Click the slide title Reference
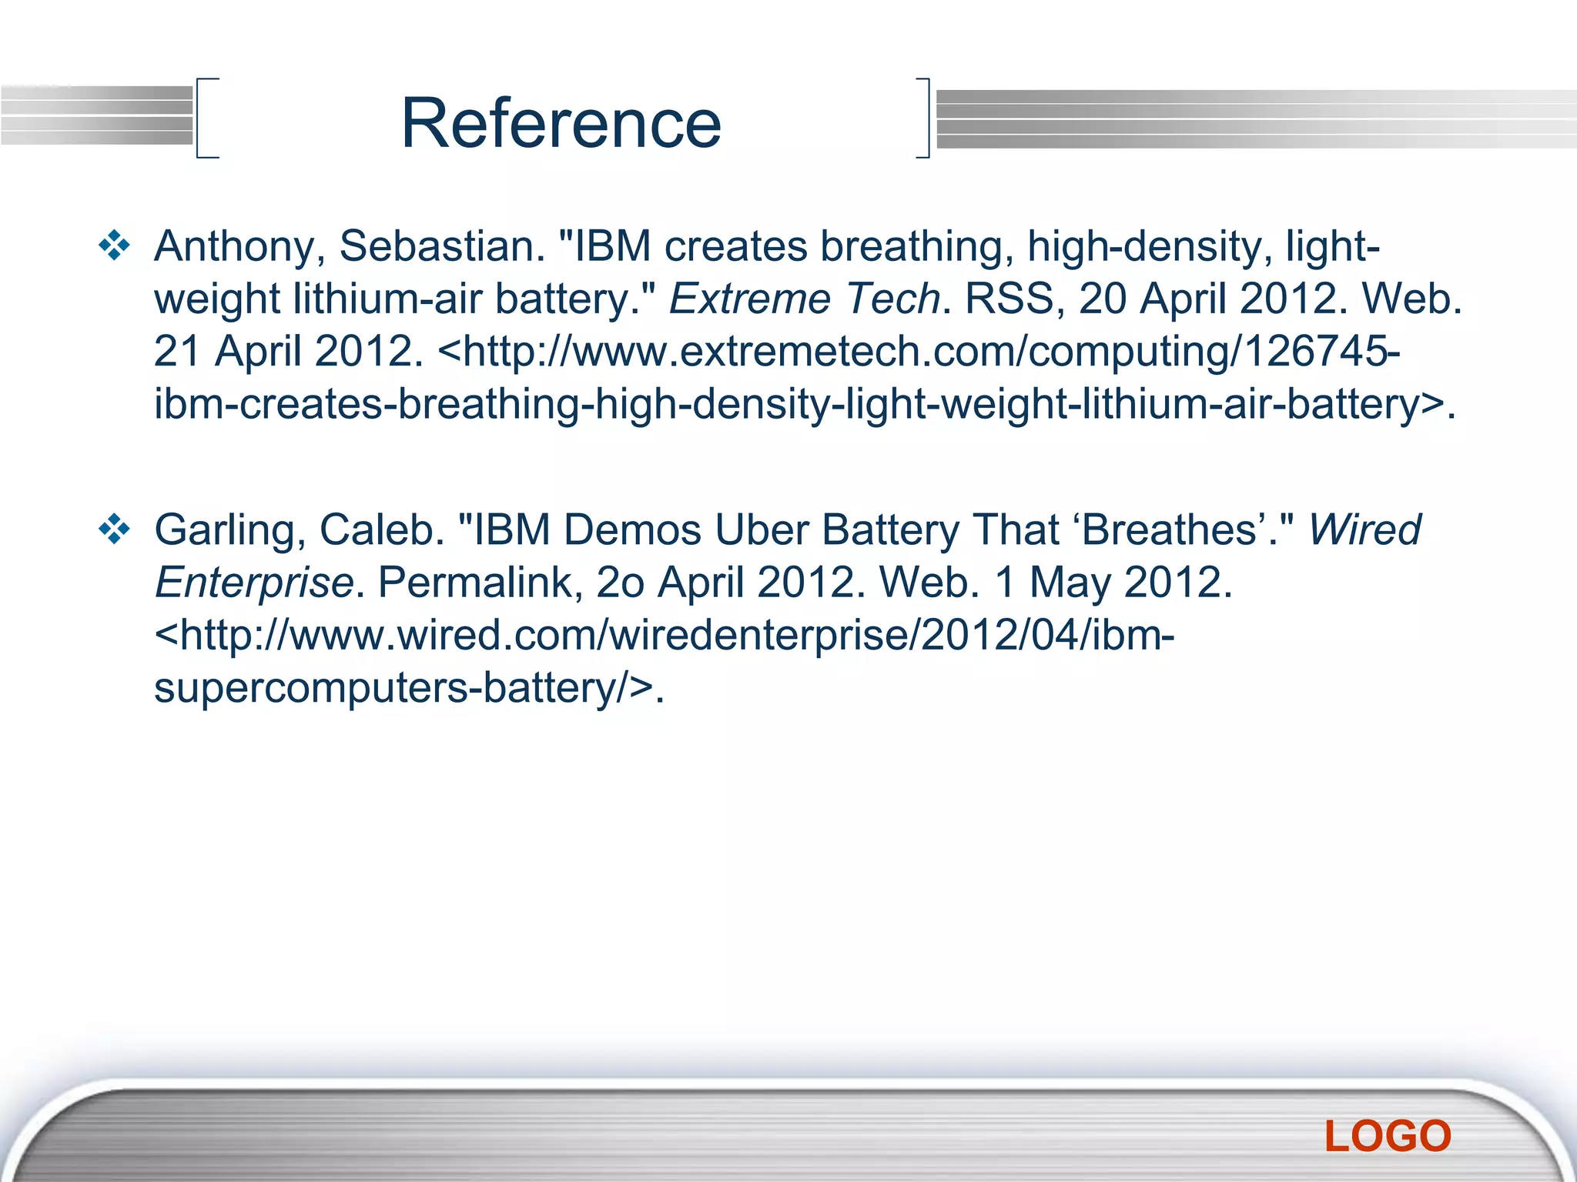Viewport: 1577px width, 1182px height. [561, 123]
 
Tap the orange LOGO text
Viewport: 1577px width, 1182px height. [1388, 1136]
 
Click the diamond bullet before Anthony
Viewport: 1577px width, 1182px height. [115, 246]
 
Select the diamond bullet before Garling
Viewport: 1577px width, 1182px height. [115, 529]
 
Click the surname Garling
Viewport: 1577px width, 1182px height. [224, 531]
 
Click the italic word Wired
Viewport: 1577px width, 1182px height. [1364, 529]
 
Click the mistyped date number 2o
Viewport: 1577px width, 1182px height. [620, 583]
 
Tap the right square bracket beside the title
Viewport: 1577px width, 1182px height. [923, 118]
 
